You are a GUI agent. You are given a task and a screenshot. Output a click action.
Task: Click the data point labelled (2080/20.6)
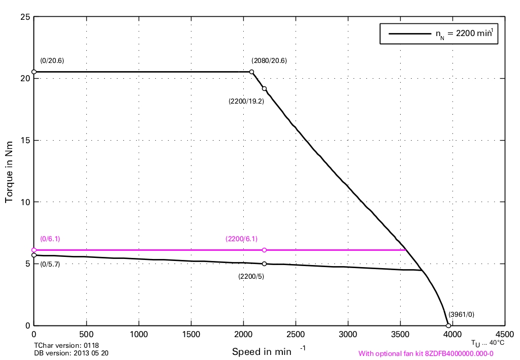251,72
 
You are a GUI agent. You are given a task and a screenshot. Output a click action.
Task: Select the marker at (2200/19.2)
264,89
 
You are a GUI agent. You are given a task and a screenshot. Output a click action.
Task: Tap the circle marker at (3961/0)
448,325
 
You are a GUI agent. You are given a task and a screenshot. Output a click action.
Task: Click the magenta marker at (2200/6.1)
264,250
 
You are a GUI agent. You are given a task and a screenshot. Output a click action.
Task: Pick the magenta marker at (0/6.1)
34,250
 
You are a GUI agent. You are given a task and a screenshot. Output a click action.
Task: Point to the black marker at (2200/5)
264,264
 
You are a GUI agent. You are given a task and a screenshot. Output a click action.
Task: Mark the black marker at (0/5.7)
34,255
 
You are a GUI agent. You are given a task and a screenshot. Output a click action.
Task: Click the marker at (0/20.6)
34,72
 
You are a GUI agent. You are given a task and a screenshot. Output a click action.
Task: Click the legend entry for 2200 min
439,34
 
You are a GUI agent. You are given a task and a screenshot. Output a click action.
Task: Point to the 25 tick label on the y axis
24,17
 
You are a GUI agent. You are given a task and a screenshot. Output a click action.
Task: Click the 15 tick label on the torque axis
24,140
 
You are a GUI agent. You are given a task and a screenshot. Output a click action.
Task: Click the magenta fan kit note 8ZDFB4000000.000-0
426,353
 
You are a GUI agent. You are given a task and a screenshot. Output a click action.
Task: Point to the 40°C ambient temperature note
487,343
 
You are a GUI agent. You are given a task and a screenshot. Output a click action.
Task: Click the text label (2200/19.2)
247,101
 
